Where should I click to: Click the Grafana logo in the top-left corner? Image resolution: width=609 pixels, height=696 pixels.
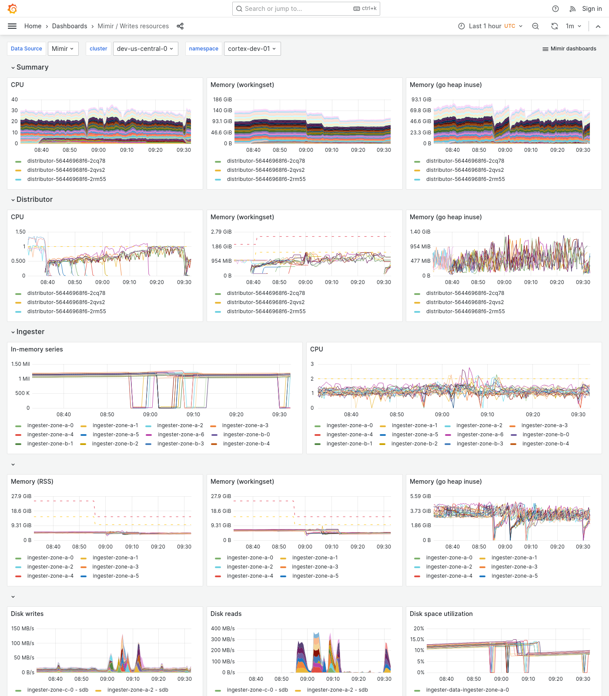pyautogui.click(x=13, y=9)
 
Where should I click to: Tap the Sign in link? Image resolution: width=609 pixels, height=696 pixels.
pyautogui.click(x=592, y=9)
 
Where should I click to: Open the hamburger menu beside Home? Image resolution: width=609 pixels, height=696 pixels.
pyautogui.click(x=12, y=26)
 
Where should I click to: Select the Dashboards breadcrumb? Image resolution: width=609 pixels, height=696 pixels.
pyautogui.click(x=70, y=26)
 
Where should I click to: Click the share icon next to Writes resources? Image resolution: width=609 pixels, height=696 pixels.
pyautogui.click(x=180, y=26)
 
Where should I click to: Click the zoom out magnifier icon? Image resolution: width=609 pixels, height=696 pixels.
pyautogui.click(x=535, y=26)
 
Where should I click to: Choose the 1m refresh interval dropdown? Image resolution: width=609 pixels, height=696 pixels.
pyautogui.click(x=573, y=26)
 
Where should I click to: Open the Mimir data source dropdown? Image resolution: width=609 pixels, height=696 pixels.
pyautogui.click(x=63, y=49)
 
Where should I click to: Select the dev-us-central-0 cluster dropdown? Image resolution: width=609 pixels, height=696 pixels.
pyautogui.click(x=145, y=49)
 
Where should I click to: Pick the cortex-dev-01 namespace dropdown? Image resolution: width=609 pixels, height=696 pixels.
pyautogui.click(x=252, y=49)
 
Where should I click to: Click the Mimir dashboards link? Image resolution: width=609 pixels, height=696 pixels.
pyautogui.click(x=569, y=49)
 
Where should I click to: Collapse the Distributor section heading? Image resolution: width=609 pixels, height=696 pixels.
pyautogui.click(x=34, y=199)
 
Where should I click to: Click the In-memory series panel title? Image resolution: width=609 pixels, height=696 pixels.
pyautogui.click(x=37, y=349)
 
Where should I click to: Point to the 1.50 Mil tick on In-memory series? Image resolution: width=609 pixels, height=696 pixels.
pyautogui.click(x=20, y=364)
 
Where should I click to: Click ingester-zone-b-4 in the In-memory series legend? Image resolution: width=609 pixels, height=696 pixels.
pyautogui.click(x=246, y=444)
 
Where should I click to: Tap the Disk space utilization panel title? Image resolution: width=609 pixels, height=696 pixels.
pyautogui.click(x=441, y=614)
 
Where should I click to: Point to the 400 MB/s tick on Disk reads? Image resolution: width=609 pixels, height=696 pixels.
pyautogui.click(x=223, y=629)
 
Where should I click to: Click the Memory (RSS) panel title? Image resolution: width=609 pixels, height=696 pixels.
pyautogui.click(x=32, y=482)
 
